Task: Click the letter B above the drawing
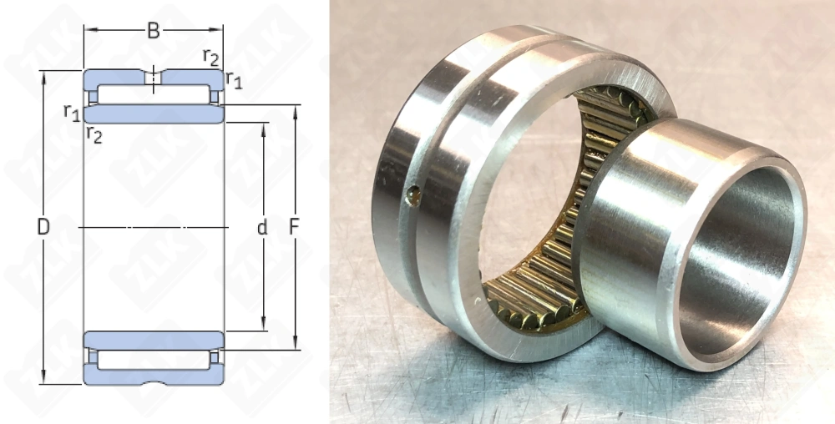154,31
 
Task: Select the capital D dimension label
43,227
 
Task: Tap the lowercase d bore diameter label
262,228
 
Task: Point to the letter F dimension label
294,227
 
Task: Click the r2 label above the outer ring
211,57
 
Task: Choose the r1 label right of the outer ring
234,79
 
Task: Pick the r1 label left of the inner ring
72,112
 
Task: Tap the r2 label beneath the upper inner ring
94,135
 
